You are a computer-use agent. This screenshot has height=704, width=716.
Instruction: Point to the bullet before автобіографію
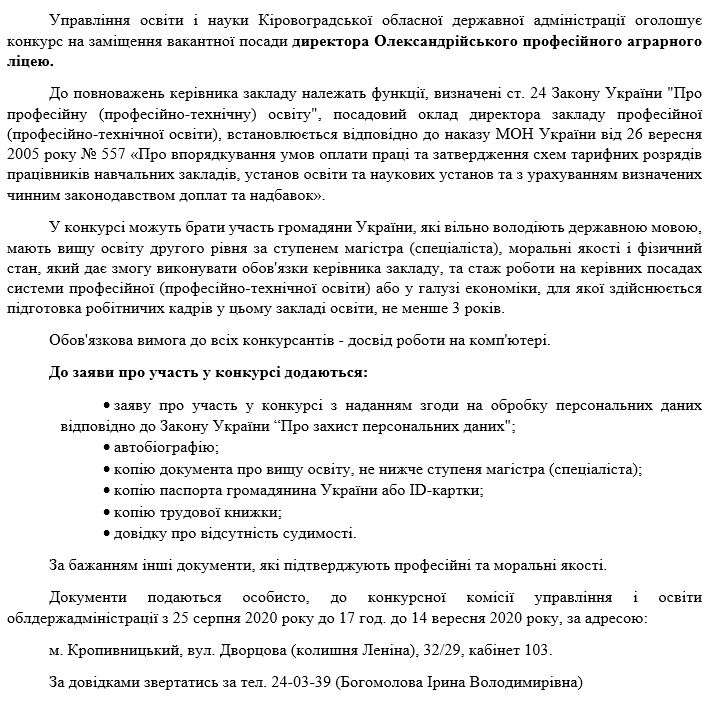(107, 447)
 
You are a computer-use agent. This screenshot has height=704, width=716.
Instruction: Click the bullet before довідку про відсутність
(107, 534)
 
